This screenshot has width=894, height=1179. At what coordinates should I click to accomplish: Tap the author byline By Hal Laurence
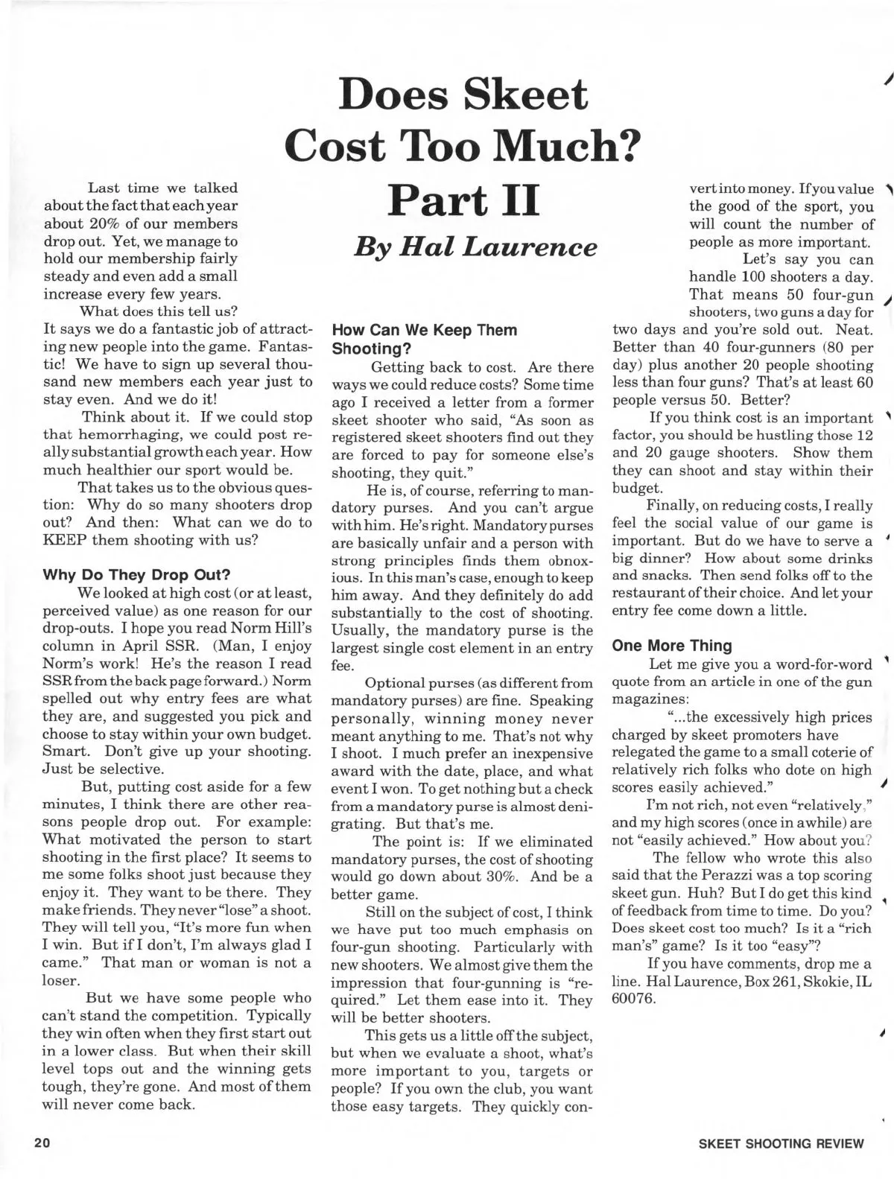pos(475,246)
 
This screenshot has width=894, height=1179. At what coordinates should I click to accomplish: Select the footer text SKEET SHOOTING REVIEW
pos(782,1143)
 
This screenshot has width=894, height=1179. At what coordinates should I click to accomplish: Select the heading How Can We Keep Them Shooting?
pos(424,338)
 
